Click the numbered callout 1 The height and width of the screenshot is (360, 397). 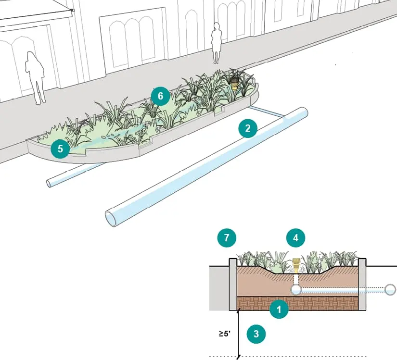pyautogui.click(x=279, y=309)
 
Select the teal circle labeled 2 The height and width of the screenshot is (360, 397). pyautogui.click(x=248, y=128)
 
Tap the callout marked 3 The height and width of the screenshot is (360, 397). pyautogui.click(x=256, y=334)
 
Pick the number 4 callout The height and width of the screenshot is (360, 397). pyautogui.click(x=296, y=238)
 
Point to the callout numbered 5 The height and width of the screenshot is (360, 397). pyautogui.click(x=60, y=149)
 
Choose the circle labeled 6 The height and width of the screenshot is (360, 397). pyautogui.click(x=161, y=96)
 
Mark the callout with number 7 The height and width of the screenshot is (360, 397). pyautogui.click(x=227, y=237)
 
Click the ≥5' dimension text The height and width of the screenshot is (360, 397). pyautogui.click(x=225, y=334)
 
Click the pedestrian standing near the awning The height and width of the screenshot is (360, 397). pyautogui.click(x=35, y=78)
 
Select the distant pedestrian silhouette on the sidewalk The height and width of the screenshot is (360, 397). pyautogui.click(x=217, y=43)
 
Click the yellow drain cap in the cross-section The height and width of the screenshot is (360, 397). pyautogui.click(x=296, y=265)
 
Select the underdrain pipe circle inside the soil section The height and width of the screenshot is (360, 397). pyautogui.click(x=296, y=290)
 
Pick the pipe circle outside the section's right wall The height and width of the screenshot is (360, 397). pyautogui.click(x=390, y=290)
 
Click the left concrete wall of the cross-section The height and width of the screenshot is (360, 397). pyautogui.click(x=233, y=285)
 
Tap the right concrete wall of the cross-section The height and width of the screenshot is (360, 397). pyautogui.click(x=362, y=285)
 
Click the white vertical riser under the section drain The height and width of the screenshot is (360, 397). pyautogui.click(x=296, y=280)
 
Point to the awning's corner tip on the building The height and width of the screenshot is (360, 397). pyautogui.click(x=74, y=11)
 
